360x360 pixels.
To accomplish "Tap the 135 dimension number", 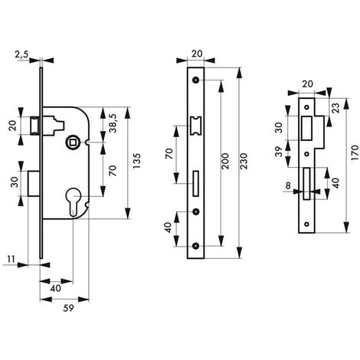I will pyautogui.click(x=137, y=162).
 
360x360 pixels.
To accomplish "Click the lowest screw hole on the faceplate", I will pyautogui.click(x=197, y=247).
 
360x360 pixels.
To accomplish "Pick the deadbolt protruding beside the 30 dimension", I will pyautogui.click(x=34, y=181).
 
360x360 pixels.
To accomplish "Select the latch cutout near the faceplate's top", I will pyautogui.click(x=197, y=123).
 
